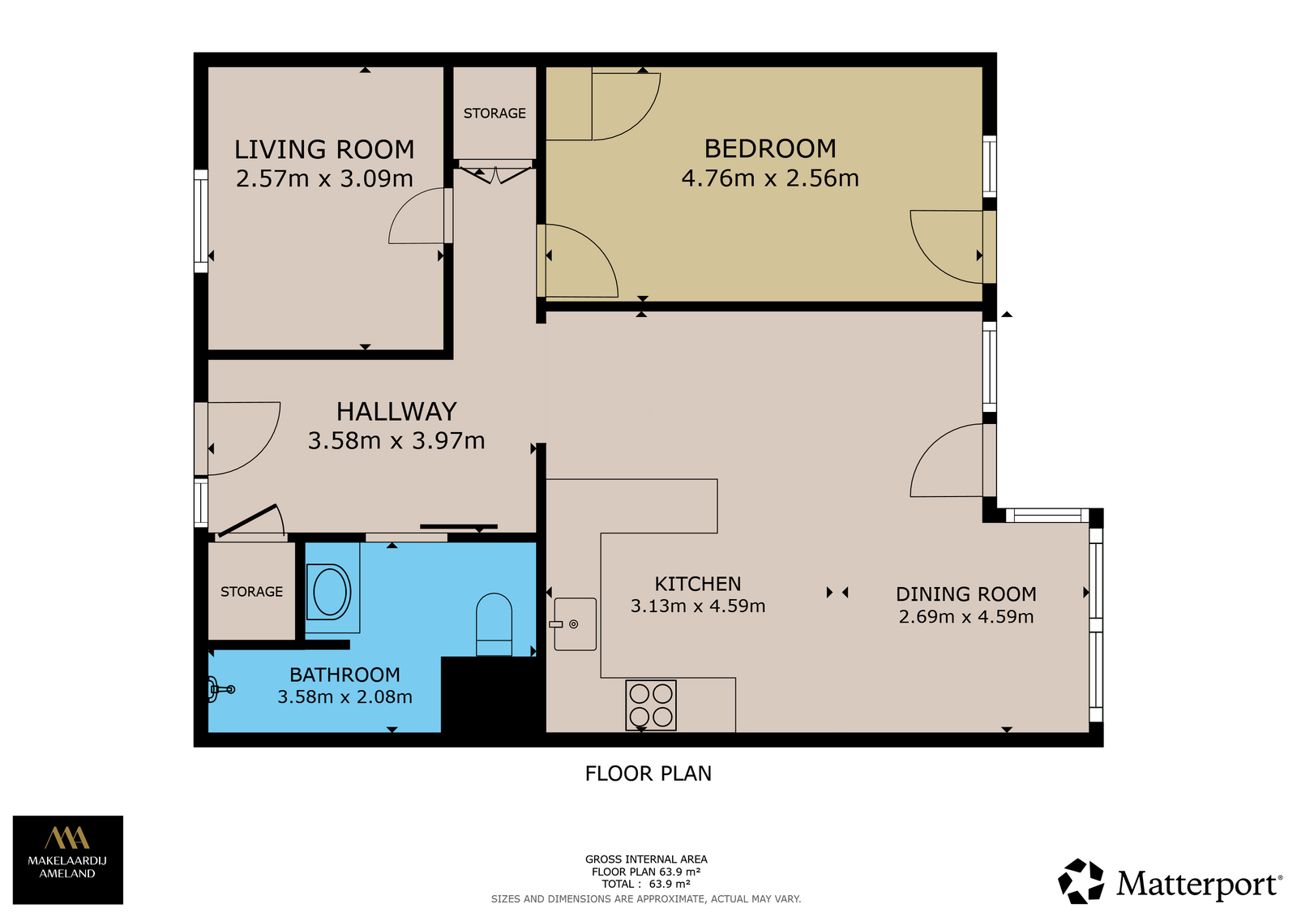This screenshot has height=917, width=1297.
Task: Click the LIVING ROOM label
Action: pyautogui.click(x=324, y=149)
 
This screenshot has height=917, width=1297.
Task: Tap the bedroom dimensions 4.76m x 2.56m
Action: pyautogui.click(x=770, y=178)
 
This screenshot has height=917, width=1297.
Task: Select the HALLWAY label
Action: pyautogui.click(x=396, y=411)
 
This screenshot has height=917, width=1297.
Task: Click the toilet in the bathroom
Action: pyautogui.click(x=494, y=623)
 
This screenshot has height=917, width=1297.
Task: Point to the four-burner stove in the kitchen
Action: pyautogui.click(x=651, y=705)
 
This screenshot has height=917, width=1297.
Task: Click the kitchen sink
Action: pyautogui.click(x=575, y=623)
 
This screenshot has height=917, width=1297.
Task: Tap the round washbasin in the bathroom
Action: pyautogui.click(x=329, y=592)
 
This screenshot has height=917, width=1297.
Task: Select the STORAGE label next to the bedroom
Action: pyautogui.click(x=494, y=113)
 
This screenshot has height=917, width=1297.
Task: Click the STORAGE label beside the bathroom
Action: pyautogui.click(x=251, y=591)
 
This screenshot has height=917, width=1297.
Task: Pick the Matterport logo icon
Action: pyautogui.click(x=1081, y=881)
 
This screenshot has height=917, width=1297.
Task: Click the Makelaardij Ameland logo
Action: pyautogui.click(x=68, y=859)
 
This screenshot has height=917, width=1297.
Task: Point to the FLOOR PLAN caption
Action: pyautogui.click(x=648, y=773)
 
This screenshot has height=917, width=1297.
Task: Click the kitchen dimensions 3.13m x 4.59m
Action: pyautogui.click(x=698, y=606)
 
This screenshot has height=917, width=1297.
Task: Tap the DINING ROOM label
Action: pyautogui.click(x=965, y=593)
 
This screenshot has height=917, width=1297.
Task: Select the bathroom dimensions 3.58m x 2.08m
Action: pyautogui.click(x=345, y=696)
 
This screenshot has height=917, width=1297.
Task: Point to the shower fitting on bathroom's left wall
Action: pyautogui.click(x=220, y=689)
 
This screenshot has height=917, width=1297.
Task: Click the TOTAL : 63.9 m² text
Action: pyautogui.click(x=645, y=884)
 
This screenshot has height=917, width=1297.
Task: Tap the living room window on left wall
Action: pyautogui.click(x=201, y=221)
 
